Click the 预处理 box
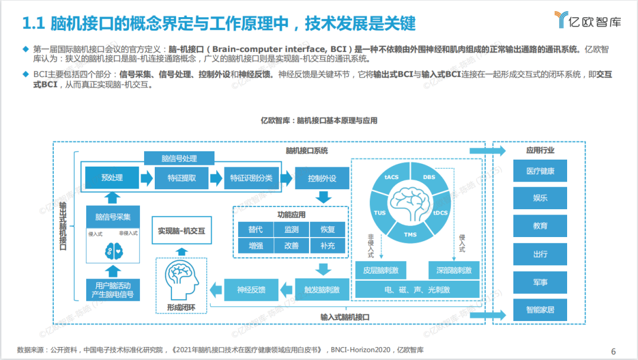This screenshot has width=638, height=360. coord(112,177)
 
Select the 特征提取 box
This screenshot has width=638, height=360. coord(181,177)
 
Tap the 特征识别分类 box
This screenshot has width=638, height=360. coord(251,177)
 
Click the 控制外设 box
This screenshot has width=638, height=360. coord(322,177)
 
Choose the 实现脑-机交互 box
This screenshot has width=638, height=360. coord(181,231)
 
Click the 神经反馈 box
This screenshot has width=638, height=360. coord(251,289)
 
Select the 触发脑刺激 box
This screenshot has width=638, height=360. coord(322,289)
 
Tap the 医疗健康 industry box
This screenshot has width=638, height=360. coord(539,170)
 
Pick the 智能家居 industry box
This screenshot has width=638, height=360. coord(539,309)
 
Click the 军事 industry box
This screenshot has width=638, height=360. coord(539,281)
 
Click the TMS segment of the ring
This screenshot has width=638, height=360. coord(410,235)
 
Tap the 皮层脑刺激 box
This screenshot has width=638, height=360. coord(380,270)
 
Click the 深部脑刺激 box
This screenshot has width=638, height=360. coord(453,270)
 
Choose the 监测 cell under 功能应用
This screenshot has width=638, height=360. coord(291,229)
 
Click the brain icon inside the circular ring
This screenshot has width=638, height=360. coord(410,201)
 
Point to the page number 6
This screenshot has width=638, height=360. coord(613,351)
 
